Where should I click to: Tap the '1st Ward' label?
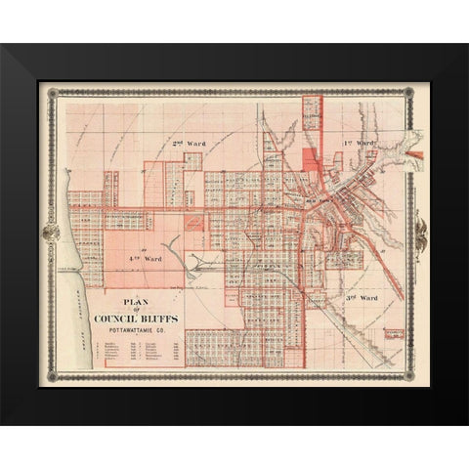(360, 144)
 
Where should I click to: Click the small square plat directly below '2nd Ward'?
(192, 161)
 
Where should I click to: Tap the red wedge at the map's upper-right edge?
(414, 154)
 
